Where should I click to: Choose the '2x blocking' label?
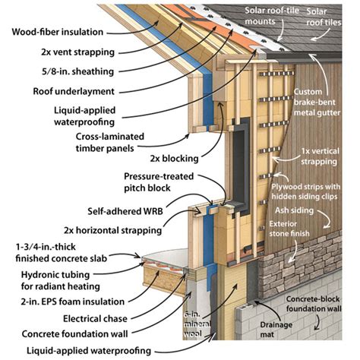click(172, 159)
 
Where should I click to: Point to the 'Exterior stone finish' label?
click(310, 229)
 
